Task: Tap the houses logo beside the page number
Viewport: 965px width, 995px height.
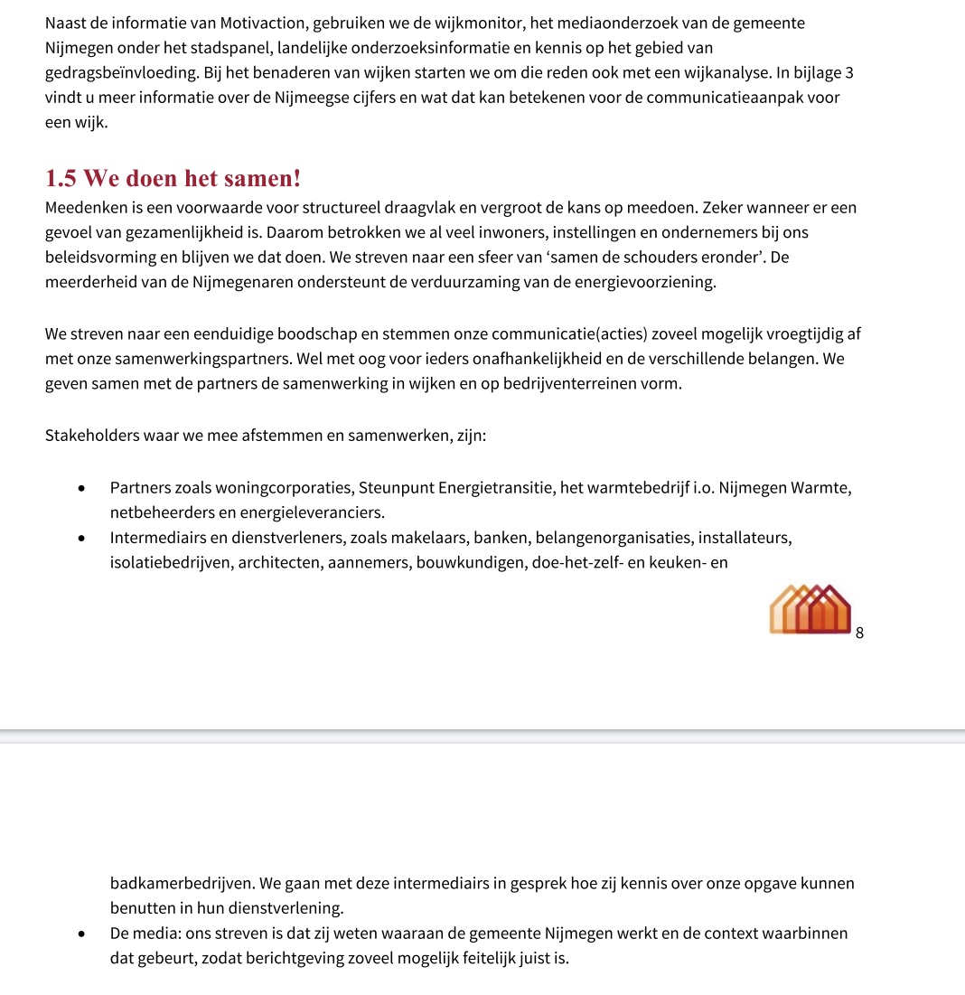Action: pos(810,609)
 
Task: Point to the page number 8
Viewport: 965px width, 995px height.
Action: pos(859,634)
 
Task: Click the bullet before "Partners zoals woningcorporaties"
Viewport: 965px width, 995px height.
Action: pos(81,489)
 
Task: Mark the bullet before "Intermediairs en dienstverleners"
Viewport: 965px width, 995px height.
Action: pos(81,539)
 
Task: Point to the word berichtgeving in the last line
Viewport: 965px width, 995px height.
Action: pos(317,958)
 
